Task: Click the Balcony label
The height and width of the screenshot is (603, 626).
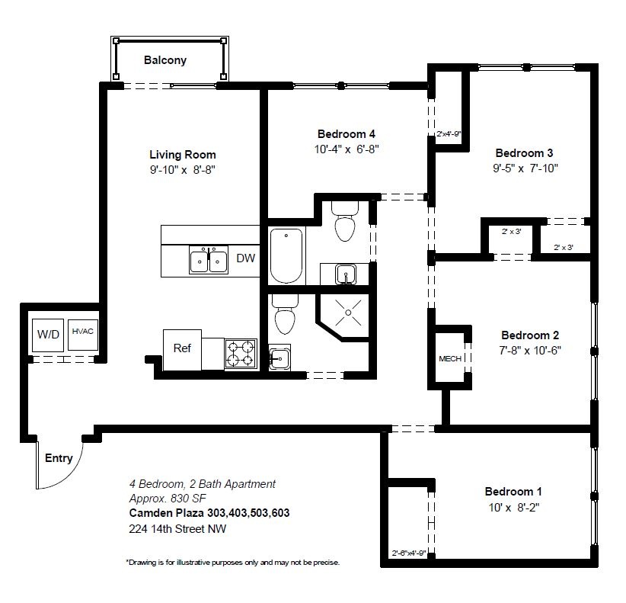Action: tap(165, 60)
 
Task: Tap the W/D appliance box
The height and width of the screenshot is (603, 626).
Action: tap(48, 335)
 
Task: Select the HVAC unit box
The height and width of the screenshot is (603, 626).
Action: tap(83, 335)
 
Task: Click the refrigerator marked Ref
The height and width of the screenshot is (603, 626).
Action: tap(182, 350)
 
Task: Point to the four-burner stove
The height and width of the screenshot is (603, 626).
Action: tap(241, 354)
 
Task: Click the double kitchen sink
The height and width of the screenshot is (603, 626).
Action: tap(209, 260)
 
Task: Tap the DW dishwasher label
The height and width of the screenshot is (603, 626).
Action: tap(245, 258)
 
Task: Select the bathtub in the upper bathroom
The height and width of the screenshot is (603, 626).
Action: tap(286, 255)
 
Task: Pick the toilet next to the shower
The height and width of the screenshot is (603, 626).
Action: tap(285, 315)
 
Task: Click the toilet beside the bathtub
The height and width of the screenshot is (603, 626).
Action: tap(345, 222)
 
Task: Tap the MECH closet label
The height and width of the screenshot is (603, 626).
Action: tap(450, 359)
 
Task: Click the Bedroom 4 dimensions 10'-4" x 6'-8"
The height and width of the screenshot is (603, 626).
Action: tap(347, 149)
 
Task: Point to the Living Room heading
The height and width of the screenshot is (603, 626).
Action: tap(183, 155)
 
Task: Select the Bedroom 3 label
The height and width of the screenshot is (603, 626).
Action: tap(524, 153)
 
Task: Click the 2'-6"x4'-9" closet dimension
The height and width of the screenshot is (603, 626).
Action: tap(409, 553)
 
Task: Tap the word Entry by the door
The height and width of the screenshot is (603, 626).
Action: tap(59, 458)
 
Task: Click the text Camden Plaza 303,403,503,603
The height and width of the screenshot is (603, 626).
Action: tap(209, 513)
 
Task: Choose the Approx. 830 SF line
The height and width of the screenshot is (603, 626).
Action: tap(168, 499)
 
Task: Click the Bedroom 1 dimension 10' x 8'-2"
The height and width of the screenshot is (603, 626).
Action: tap(514, 508)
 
